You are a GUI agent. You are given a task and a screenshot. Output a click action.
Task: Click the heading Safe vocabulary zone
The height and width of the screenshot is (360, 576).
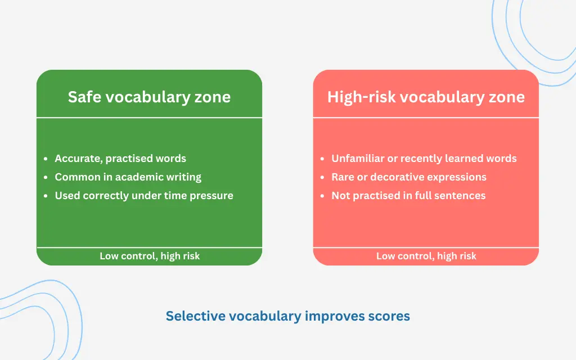pos(149,97)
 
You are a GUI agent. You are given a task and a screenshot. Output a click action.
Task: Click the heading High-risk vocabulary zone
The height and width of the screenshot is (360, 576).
pos(426,97)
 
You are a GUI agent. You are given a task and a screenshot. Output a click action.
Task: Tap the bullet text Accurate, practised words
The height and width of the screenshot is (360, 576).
pos(120,159)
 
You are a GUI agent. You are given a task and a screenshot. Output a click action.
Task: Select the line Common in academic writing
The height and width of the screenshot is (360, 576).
pos(128,177)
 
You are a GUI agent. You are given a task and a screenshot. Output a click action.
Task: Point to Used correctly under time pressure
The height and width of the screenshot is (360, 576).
pos(143,196)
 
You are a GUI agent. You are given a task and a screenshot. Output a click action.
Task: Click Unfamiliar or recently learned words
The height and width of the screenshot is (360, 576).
pos(424,159)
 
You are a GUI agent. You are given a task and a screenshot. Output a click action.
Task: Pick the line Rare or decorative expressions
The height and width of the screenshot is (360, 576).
pos(408,177)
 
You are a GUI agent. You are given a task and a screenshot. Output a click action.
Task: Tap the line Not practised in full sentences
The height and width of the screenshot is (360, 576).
pos(408,196)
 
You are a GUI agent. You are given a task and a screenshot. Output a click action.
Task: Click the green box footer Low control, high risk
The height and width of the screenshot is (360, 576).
pos(150,256)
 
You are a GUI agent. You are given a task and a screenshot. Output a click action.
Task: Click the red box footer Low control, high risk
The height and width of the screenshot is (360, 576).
pos(426,256)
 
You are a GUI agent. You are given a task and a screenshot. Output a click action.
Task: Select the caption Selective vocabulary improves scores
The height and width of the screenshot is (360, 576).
pos(287,316)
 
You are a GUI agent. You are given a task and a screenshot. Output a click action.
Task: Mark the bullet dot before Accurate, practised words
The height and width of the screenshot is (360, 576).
pos(46,159)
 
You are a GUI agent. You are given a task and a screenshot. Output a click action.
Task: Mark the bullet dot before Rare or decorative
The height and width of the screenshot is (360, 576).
pos(322,177)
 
